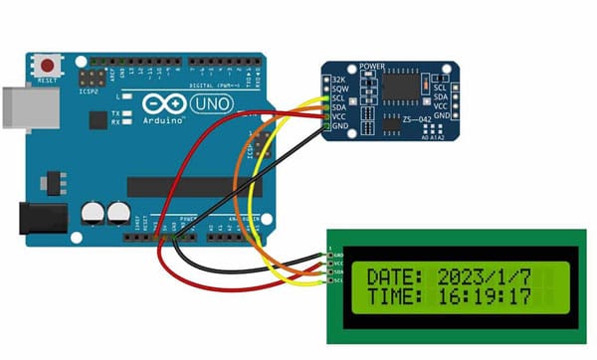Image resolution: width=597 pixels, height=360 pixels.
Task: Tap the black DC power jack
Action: pyautogui.click(x=40, y=222)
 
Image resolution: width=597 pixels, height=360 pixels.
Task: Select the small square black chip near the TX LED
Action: pyautogui.click(x=98, y=120)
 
